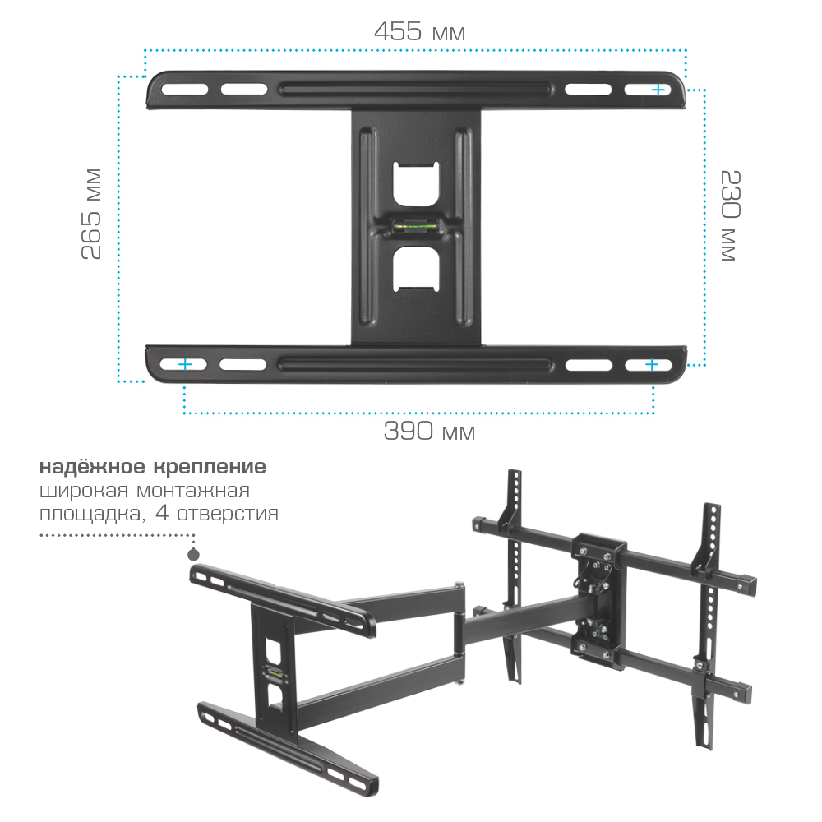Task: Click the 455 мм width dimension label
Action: pos(419,31)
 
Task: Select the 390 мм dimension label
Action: pos(429,431)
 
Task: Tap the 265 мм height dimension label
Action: pos(91,214)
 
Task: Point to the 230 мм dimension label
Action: pos(730,215)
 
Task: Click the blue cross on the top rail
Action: pos(658,90)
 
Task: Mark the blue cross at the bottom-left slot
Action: pos(184,364)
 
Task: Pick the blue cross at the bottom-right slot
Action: pos(652,364)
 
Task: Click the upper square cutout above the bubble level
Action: pos(416,184)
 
